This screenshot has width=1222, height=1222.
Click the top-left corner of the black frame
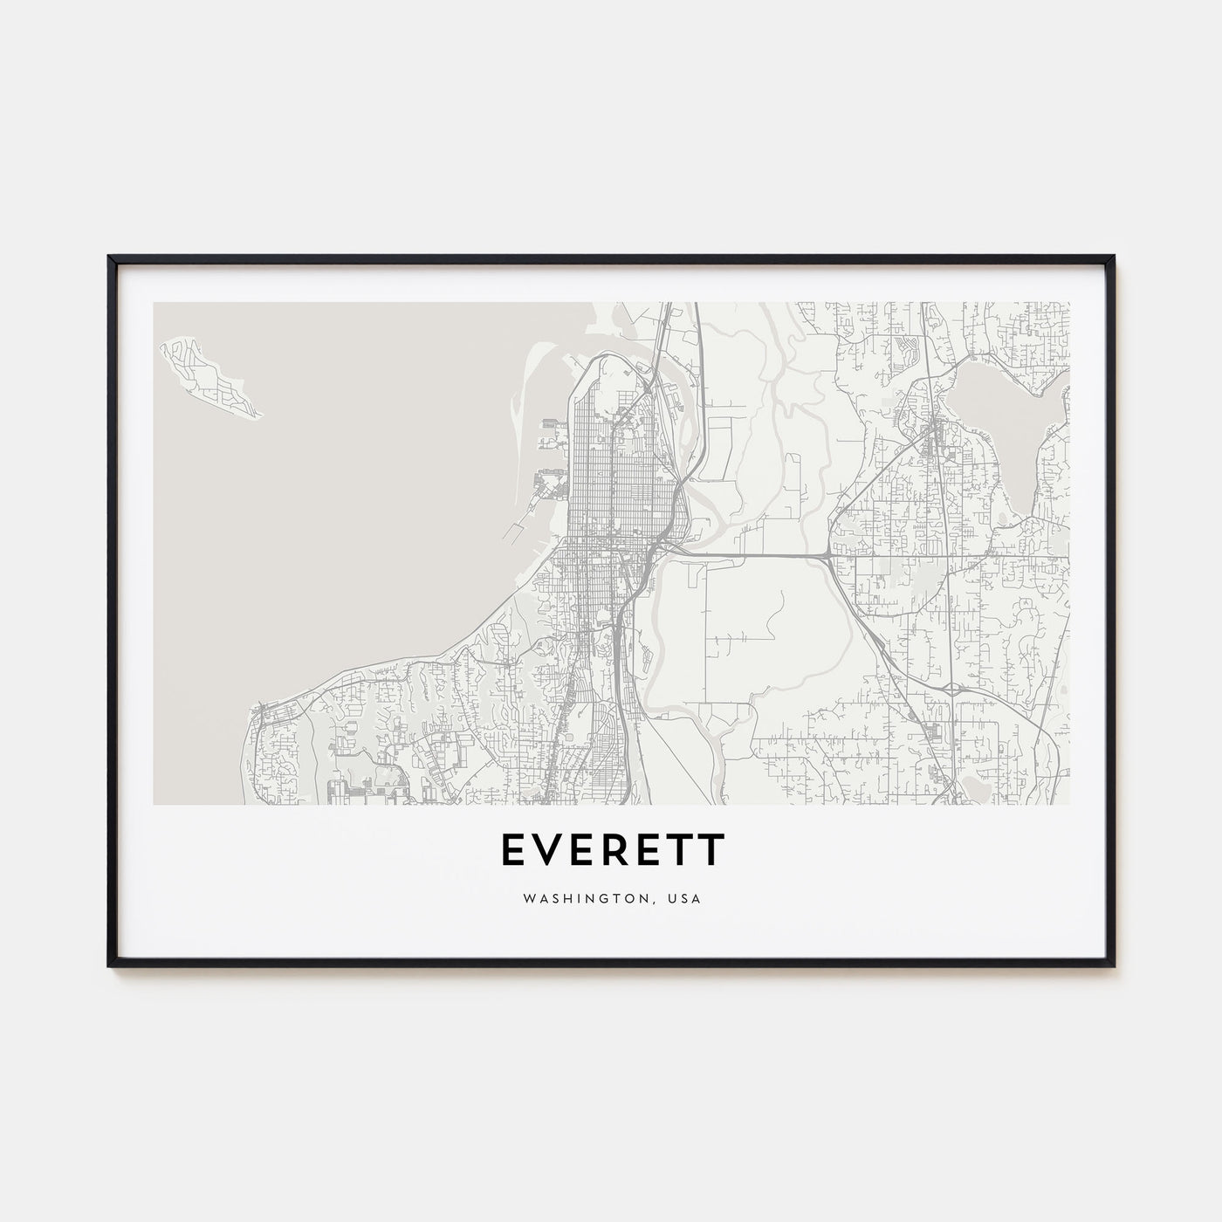(x=110, y=257)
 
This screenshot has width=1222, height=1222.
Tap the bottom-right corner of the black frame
(x=1114, y=965)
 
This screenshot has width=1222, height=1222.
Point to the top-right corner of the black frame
(x=1114, y=257)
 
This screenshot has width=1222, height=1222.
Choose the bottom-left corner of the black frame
(x=110, y=965)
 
